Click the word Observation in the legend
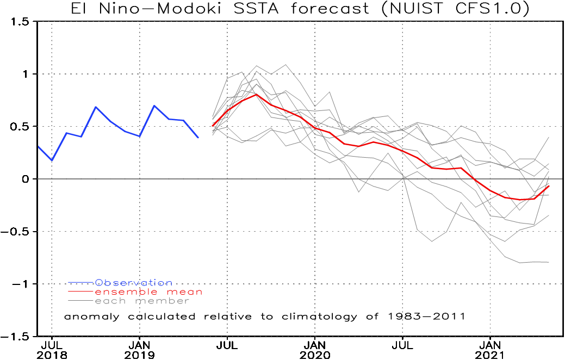point(134,283)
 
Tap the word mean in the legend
point(184,292)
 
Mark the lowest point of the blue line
point(52,161)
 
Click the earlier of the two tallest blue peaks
point(96,107)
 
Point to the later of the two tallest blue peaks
point(154,105)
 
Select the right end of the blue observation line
point(198,138)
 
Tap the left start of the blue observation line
point(38,146)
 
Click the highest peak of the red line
point(257,94)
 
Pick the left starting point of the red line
point(213,126)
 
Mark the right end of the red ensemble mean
point(549,186)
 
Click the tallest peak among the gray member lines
point(286,64)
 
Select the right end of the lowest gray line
point(549,262)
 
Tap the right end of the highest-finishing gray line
point(549,137)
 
